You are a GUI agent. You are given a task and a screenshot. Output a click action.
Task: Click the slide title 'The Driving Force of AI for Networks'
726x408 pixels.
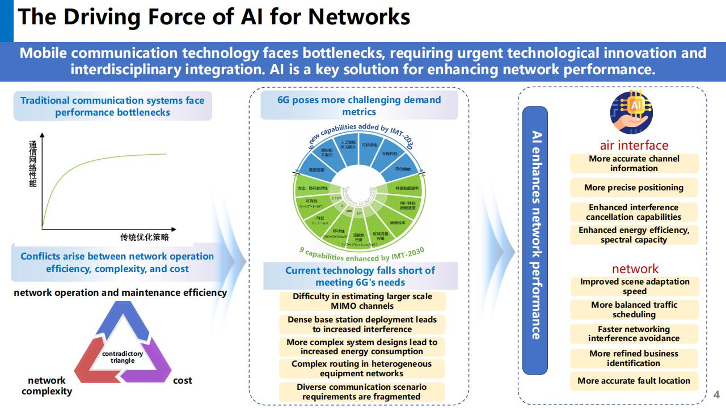pos(214,17)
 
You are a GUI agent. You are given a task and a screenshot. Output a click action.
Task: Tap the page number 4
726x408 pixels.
pos(716,394)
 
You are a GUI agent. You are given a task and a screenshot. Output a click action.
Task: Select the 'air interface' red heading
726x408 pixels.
pos(634,145)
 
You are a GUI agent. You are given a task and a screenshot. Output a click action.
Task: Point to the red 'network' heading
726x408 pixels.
pos(635,269)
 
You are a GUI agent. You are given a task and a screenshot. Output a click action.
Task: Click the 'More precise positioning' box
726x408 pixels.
pos(634,188)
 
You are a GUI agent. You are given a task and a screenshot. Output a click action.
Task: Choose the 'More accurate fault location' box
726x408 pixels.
pos(634,381)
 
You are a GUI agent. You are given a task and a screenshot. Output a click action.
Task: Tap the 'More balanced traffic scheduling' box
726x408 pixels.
pos(634,309)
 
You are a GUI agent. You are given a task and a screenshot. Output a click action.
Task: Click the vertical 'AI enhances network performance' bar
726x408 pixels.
pos(535,240)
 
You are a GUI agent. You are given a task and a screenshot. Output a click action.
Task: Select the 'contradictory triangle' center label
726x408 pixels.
pos(123,357)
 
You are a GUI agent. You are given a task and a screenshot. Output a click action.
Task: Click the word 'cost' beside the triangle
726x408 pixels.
pos(183,380)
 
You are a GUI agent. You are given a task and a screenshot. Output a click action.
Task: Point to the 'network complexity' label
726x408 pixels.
pos(47,385)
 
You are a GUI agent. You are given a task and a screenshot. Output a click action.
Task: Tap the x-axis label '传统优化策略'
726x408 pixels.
pos(144,237)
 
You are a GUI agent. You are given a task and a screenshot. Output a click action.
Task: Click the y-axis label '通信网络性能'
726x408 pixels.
pos(33,164)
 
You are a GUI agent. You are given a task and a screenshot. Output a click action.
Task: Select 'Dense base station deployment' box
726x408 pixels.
pos(362,324)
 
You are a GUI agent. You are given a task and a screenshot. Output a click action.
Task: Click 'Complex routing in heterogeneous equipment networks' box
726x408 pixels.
pos(361,368)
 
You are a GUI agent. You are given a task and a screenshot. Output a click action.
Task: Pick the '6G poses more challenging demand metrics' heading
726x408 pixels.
pos(359,105)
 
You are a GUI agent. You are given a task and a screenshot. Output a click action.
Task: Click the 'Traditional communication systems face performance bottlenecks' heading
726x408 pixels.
pos(112,106)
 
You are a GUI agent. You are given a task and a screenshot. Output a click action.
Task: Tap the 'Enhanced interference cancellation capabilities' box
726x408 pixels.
pos(634,212)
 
